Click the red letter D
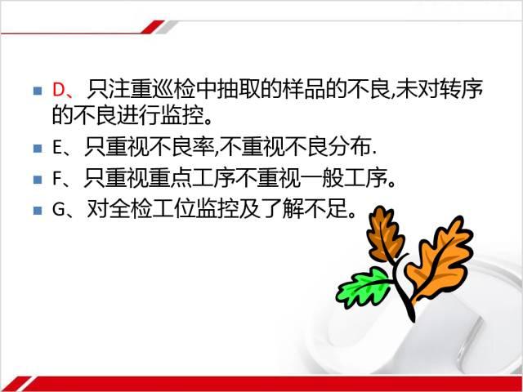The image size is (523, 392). pos(58,90)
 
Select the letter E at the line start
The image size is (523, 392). pos(56,148)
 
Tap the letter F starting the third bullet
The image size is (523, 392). pos(56,179)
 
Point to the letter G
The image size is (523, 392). pos(58,210)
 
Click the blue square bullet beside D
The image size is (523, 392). pos(38,91)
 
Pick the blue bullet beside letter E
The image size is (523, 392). pos(38,149)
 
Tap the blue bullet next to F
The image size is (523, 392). pos(38,180)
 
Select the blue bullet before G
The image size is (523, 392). pos(38,211)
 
